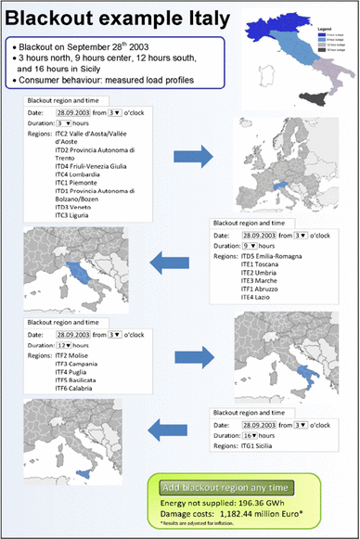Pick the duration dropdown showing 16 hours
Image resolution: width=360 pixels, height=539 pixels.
click(x=251, y=433)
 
